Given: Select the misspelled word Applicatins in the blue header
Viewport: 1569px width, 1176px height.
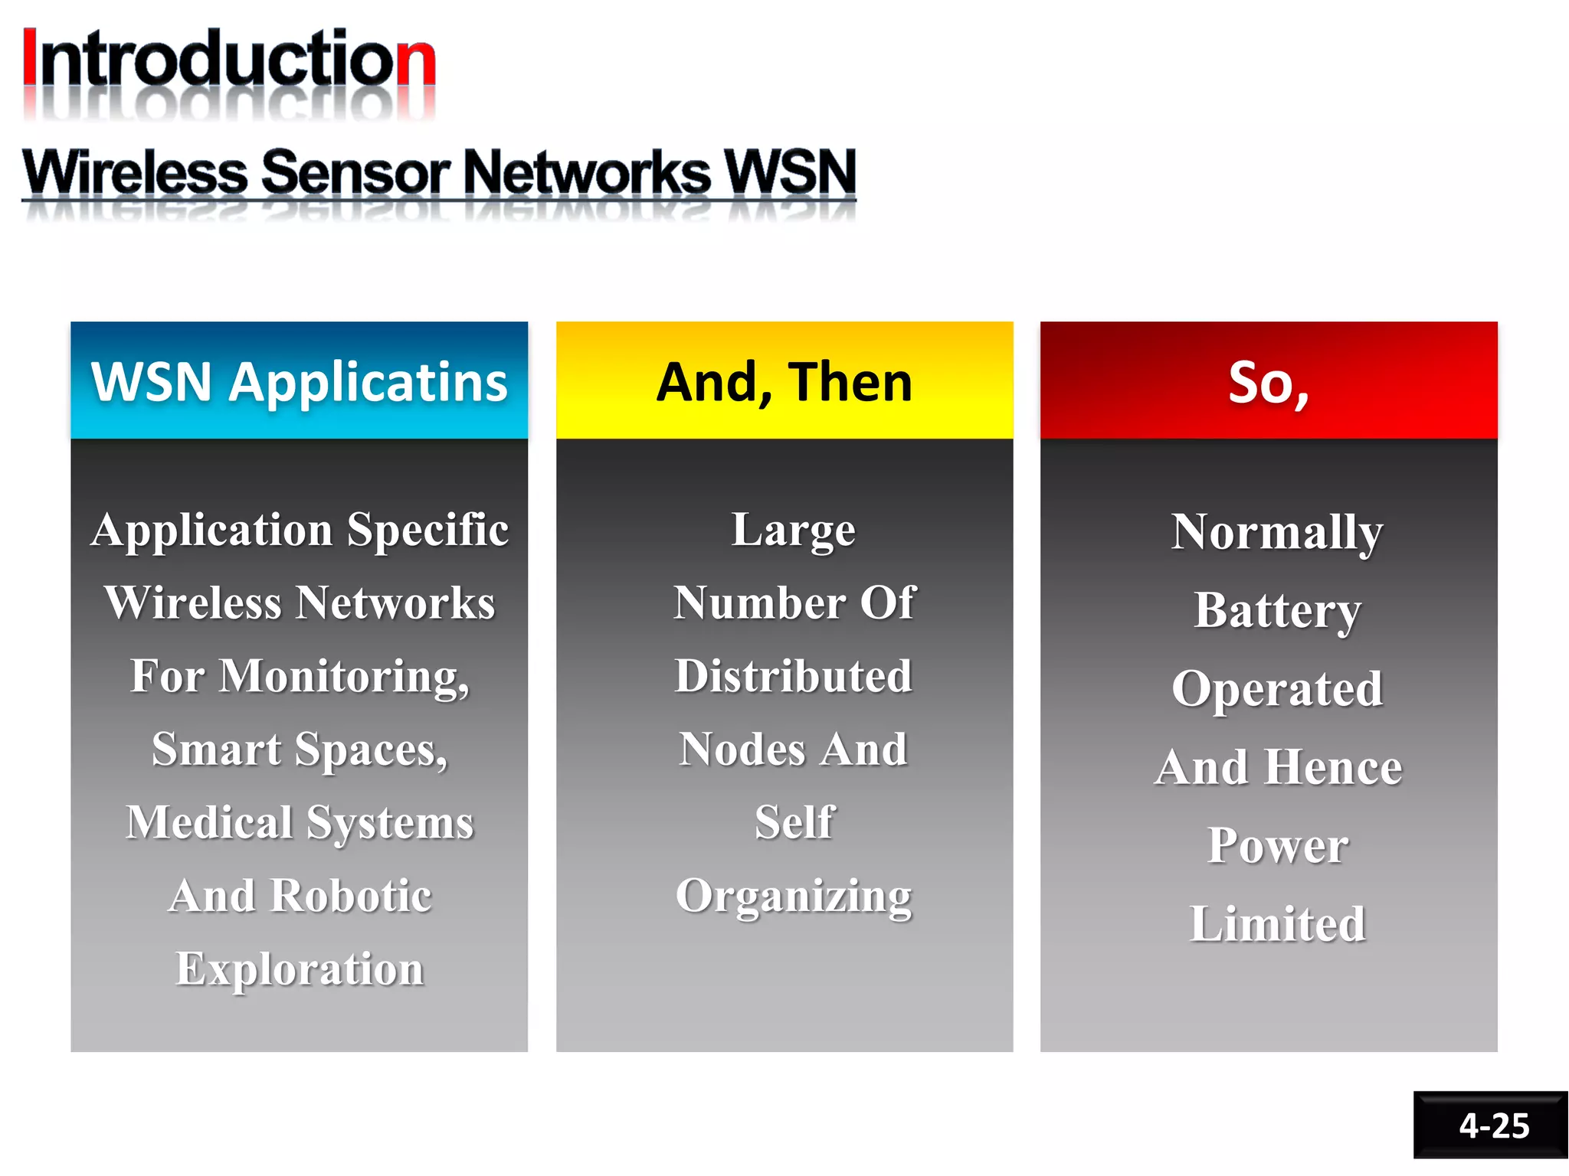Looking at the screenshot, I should coord(369,382).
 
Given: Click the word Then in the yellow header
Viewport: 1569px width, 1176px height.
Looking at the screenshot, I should coord(850,382).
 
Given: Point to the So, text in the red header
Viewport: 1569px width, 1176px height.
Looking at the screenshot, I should coord(1269,382).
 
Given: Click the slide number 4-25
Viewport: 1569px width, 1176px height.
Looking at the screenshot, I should coord(1493,1125).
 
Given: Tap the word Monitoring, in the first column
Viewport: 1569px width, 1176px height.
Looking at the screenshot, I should coord(344,677).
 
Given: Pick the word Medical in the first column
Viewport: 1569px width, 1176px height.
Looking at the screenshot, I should coord(210,823).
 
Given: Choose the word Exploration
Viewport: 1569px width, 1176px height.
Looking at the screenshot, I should coord(300,969).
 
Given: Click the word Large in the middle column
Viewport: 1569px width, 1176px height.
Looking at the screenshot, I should coord(793,530).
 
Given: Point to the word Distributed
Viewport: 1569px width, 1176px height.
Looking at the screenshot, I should coord(793,677).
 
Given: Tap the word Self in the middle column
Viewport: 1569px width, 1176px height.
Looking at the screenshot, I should coord(794,823).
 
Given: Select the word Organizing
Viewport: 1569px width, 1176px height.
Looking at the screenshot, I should coord(794,897).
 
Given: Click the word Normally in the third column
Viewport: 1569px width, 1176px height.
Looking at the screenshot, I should coord(1277,532).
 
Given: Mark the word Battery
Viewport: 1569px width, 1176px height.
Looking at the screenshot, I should coord(1277,610).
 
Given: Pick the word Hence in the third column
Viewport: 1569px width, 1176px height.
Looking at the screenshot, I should coord(1334,767).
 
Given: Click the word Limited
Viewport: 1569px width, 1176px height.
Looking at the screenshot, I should coord(1277,924).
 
